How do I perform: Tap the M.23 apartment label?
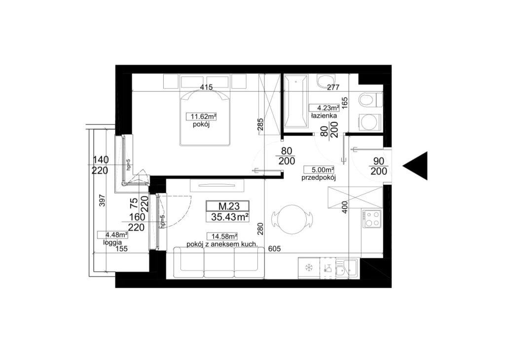click(228, 206)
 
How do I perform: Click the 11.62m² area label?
click(201, 116)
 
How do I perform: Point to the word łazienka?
click(324, 116)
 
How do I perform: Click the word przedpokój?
click(319, 177)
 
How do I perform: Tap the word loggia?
click(112, 242)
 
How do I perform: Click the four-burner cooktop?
click(372, 219)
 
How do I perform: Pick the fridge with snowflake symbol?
click(309, 268)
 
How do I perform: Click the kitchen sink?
click(347, 268)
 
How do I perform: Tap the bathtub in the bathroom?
click(296, 100)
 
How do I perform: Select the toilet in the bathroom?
click(369, 100)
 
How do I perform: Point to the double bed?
click(205, 118)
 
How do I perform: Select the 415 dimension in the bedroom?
click(206, 87)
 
